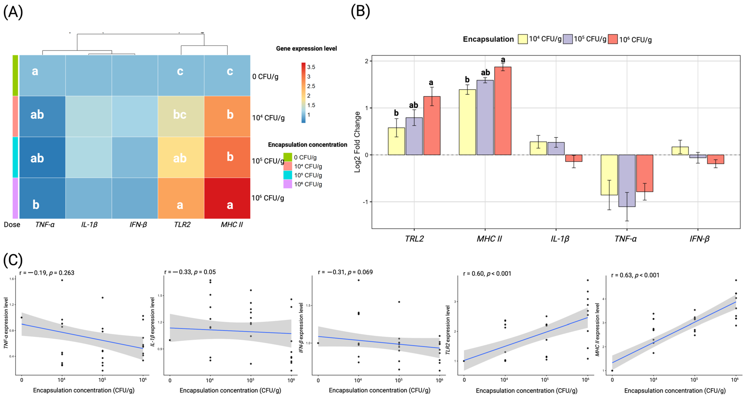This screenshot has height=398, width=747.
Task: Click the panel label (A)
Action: tap(13, 12)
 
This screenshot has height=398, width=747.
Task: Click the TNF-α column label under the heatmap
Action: tap(45, 225)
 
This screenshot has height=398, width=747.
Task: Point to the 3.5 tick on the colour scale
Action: tap(311, 67)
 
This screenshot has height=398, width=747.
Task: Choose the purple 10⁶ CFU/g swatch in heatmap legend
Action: tap(287, 184)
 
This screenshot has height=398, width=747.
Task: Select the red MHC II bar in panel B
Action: tap(503, 111)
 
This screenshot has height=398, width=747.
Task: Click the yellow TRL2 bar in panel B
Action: tap(396, 141)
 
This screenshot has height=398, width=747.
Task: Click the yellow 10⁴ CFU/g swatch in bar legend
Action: tap(522, 39)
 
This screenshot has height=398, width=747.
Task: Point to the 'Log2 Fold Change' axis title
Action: tap(357, 142)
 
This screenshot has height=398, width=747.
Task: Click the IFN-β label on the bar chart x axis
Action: tap(699, 239)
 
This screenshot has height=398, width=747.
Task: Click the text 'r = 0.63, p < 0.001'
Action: tap(635, 275)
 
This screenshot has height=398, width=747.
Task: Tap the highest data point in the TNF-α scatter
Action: tap(62, 280)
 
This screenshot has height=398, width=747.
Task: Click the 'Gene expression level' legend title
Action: tap(306, 48)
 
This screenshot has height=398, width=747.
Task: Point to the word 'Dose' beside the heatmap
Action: tap(12, 225)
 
